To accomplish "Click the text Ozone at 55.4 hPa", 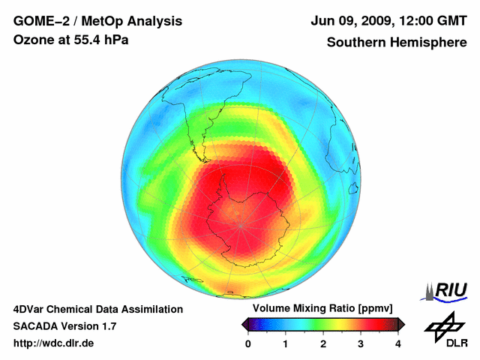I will pos(71,40).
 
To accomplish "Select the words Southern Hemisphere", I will pos(397,42).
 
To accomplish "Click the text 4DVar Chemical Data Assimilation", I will pos(97,309).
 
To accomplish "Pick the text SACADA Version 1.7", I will pos(64,326).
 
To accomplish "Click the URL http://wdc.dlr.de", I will pos(54,343).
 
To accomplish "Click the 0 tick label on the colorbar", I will pos(248,343).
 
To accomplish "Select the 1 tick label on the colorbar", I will pos(286,343).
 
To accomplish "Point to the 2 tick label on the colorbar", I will pos(323,343).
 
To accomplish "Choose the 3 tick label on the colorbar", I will pos(361,343).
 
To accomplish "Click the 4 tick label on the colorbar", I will pos(398,343).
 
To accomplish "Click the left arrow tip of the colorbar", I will pos(243,324).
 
